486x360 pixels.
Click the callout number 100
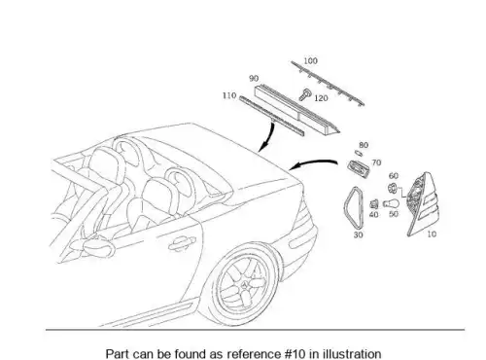coord(310,60)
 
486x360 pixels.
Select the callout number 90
coord(254,79)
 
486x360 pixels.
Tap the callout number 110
coord(229,95)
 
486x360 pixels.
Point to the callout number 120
coord(321,98)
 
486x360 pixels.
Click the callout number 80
coord(364,145)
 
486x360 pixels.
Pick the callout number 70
coord(376,162)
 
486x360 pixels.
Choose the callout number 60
coord(394,176)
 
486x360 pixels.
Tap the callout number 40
coord(373,214)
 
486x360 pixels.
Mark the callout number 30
coord(358,234)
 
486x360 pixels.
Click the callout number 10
coord(432,234)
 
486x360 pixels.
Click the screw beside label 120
coord(305,94)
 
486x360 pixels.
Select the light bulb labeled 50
coord(391,203)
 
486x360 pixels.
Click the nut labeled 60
coord(392,188)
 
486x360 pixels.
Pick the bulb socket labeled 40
coord(374,204)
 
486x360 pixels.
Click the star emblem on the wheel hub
coord(245,285)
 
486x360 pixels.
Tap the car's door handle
coord(182,243)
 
